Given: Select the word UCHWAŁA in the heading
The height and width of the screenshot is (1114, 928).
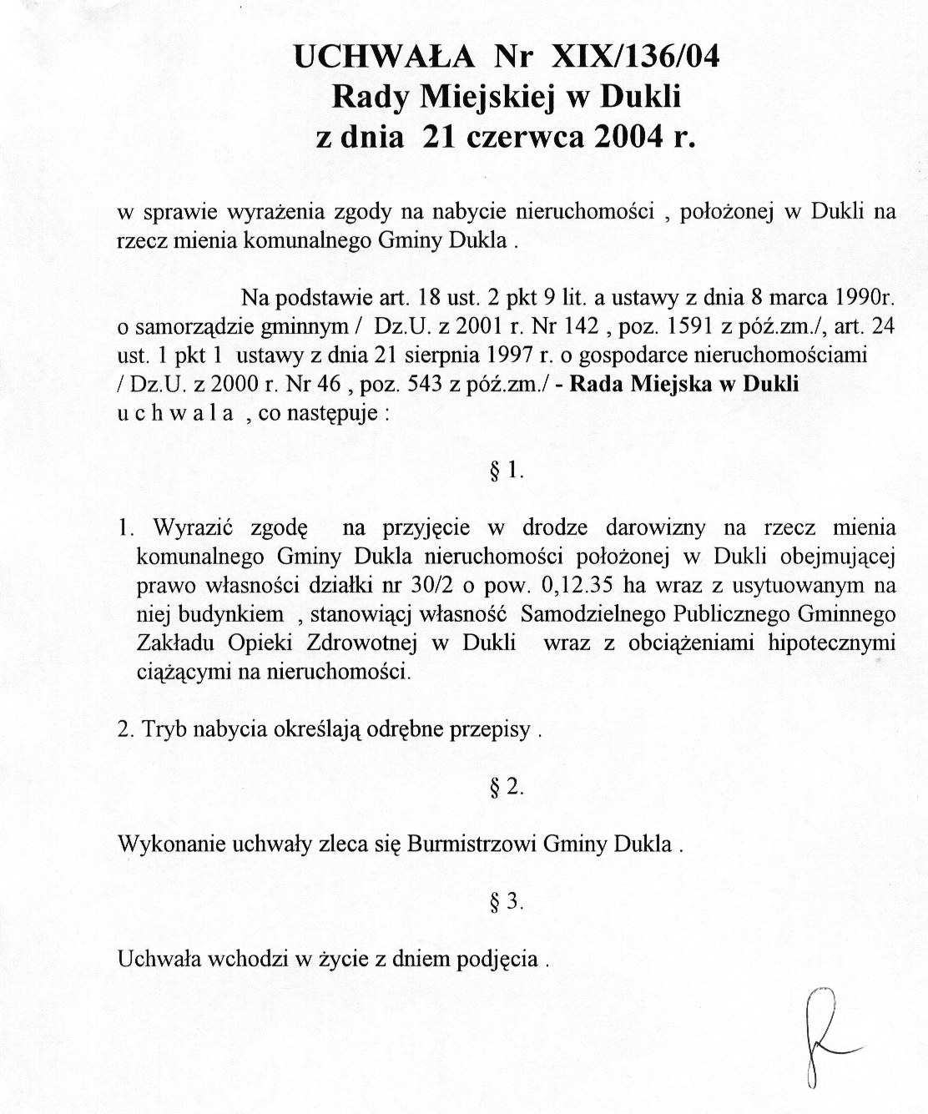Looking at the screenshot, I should click(384, 56).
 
